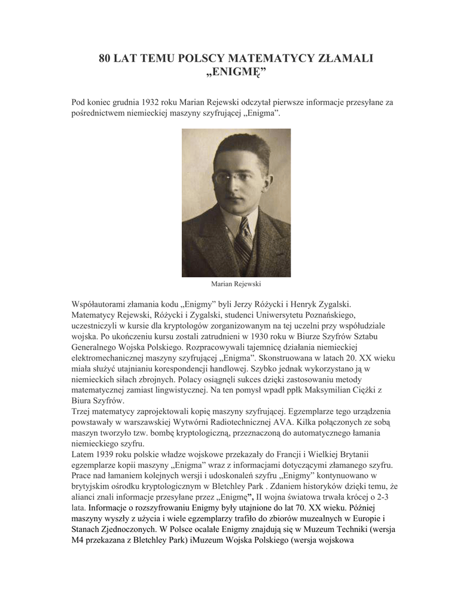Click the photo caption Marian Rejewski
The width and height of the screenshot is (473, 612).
tap(236, 284)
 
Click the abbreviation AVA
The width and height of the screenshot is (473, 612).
tap(268, 422)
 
